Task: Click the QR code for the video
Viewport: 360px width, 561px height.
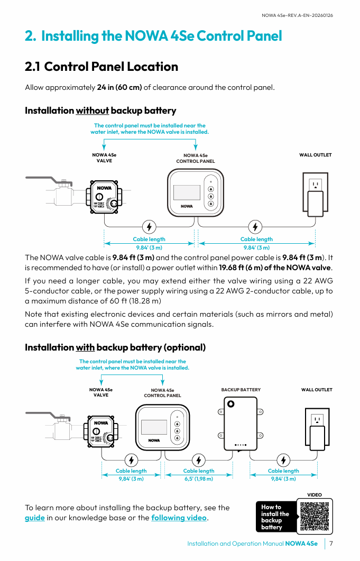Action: pos(315,516)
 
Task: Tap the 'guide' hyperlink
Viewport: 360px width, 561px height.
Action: pos(35,518)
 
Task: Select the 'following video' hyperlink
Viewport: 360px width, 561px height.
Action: pos(179,518)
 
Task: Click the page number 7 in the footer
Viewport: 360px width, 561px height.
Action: pos(331,544)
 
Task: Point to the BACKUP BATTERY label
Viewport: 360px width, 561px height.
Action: pos(241,390)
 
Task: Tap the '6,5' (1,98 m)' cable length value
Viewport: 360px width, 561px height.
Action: pos(199,479)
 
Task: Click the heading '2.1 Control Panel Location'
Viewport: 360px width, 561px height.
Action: pos(101,67)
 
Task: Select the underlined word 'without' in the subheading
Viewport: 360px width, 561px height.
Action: pos(93,111)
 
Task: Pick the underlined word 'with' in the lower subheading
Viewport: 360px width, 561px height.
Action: pos(85,347)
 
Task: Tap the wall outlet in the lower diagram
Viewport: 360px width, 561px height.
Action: pos(317,429)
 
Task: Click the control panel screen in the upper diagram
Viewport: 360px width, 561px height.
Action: pos(187,192)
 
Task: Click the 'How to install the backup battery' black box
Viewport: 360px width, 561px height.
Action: pos(275,517)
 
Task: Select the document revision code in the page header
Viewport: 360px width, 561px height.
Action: pos(298,15)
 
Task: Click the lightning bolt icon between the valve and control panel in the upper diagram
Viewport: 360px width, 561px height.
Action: pos(150,227)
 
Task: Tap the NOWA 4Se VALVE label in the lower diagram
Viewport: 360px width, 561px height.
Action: pos(101,392)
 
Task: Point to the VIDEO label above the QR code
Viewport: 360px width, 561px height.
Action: pos(315,495)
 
